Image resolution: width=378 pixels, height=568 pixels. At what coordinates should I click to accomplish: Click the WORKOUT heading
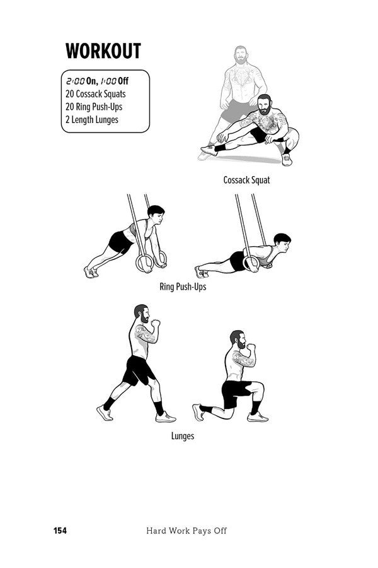tap(103, 50)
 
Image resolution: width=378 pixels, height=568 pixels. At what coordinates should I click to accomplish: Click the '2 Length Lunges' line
tap(91, 119)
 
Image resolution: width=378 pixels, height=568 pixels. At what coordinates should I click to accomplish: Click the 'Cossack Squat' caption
tap(246, 180)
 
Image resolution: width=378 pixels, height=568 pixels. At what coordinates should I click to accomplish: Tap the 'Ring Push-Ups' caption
tap(183, 287)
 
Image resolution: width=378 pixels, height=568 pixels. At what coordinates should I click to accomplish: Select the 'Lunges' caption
tap(183, 436)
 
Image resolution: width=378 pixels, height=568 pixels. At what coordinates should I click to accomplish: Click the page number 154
tap(60, 530)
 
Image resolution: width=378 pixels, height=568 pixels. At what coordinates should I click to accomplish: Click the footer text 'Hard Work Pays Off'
tap(186, 531)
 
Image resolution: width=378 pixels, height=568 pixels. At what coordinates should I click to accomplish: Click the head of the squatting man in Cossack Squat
tap(265, 104)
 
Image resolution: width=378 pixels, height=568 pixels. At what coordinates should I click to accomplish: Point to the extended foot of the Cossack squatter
tap(209, 150)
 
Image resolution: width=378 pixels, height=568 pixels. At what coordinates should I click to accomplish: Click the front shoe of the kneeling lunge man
tap(258, 417)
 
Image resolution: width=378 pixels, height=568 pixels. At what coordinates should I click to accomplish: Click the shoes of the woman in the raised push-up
tap(91, 272)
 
